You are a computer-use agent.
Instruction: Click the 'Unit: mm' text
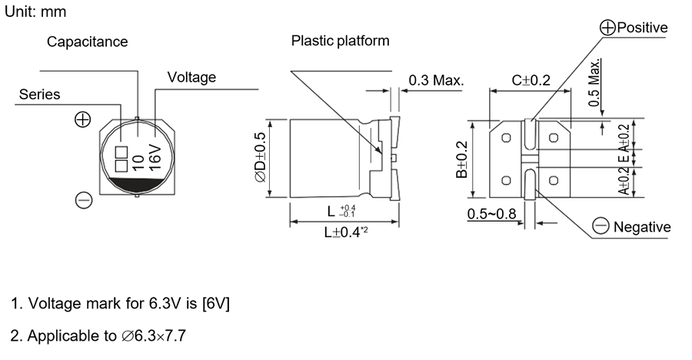[x=35, y=13]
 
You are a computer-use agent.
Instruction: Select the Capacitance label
[x=87, y=42]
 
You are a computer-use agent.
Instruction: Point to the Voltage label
[x=191, y=78]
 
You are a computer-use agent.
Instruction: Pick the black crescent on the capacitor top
[x=135, y=184]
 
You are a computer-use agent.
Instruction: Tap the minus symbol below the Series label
[x=84, y=201]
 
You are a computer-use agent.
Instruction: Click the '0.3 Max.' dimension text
[x=436, y=80]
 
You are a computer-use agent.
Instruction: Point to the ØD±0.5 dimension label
[x=258, y=156]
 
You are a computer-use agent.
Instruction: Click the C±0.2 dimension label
[x=531, y=80]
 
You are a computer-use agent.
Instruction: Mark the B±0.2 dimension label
[x=461, y=159]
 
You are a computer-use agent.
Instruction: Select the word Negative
[x=641, y=227]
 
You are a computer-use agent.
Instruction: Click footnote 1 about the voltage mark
[x=120, y=304]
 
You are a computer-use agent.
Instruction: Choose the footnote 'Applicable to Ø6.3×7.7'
[x=98, y=336]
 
